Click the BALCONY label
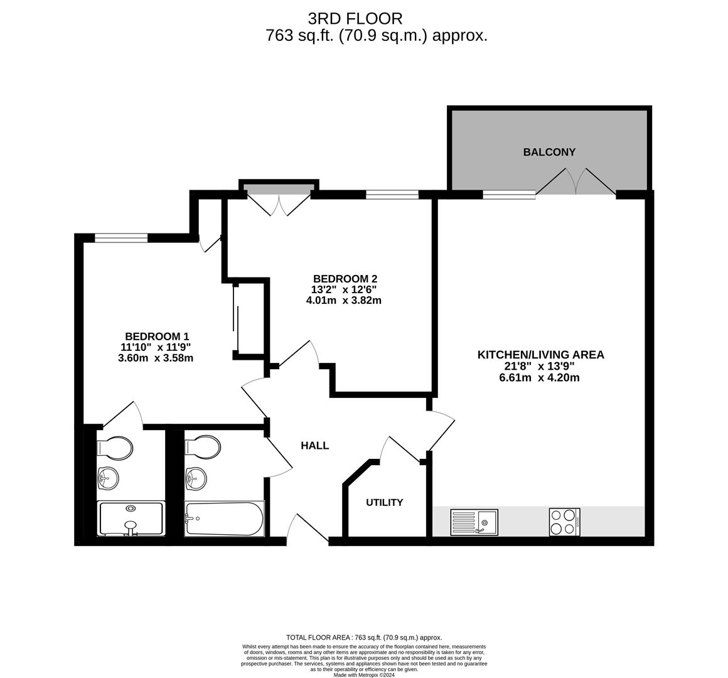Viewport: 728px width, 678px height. (549, 152)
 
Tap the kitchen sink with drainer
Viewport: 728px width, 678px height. (474, 522)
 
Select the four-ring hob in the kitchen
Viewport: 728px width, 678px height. (565, 522)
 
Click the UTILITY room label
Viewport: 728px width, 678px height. (385, 502)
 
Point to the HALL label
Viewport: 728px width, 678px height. (315, 446)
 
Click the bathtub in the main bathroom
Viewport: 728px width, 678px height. (224, 519)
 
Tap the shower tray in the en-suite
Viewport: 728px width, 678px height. (131, 519)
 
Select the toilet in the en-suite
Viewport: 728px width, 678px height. (115, 448)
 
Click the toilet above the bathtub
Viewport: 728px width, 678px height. (203, 447)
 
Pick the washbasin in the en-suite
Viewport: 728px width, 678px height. (108, 478)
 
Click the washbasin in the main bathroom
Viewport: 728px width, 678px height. (196, 478)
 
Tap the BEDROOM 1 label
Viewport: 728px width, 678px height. (157, 336)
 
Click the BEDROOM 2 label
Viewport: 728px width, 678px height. (345, 279)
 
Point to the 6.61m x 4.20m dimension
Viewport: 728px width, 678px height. (540, 377)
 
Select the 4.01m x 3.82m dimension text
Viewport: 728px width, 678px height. (343, 301)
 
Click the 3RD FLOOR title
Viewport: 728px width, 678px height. (355, 19)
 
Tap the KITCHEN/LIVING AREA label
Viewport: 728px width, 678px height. (541, 355)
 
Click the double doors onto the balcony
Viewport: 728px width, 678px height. (575, 182)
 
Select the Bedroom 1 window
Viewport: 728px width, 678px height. (121, 238)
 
